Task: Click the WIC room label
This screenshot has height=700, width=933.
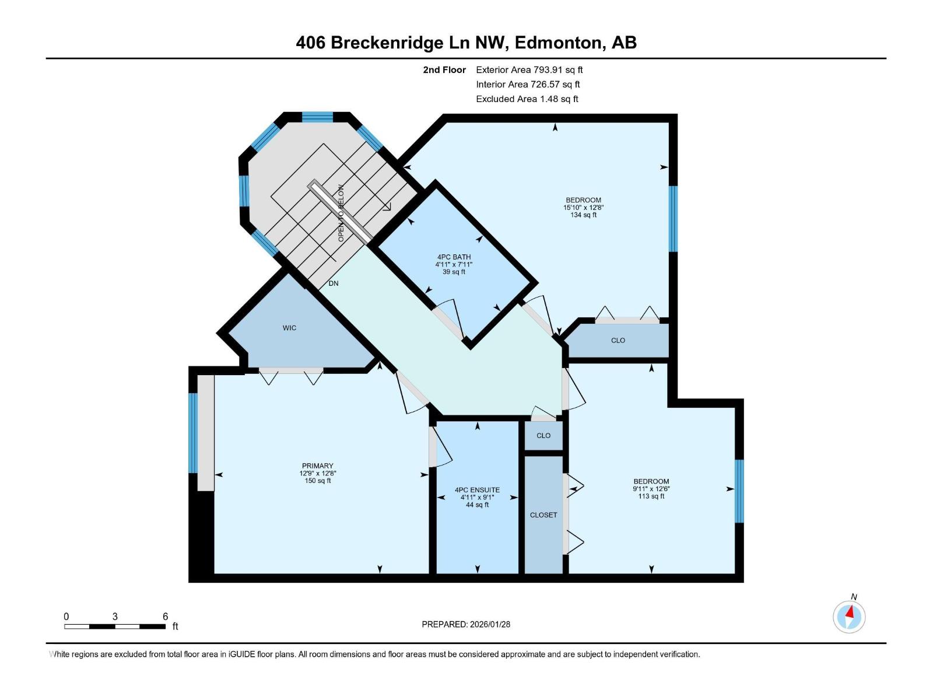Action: click(289, 328)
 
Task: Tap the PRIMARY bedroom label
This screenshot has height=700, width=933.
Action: click(318, 466)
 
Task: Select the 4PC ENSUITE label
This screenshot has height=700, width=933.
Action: click(478, 490)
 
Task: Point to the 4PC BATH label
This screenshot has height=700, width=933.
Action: click(454, 257)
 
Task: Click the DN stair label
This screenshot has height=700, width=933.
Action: click(334, 283)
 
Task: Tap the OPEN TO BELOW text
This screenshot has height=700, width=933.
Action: click(341, 213)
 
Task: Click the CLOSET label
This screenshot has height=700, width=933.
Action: click(543, 515)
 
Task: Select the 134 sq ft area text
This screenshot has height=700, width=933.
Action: click(583, 215)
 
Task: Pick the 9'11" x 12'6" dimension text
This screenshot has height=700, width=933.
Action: click(651, 489)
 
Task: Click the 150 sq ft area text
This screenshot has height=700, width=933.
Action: click(318, 481)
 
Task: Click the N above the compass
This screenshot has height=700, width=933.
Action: click(854, 597)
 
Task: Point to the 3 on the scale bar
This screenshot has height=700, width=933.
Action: click(115, 616)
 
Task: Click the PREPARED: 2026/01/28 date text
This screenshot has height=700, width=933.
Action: click(466, 624)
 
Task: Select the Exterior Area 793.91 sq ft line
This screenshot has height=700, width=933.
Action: click(529, 69)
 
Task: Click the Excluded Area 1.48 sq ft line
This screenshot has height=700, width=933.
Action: click(527, 99)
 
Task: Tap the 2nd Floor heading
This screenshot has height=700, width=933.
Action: click(444, 69)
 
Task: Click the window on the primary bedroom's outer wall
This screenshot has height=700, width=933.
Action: click(193, 433)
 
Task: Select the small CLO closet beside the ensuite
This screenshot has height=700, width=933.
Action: click(543, 436)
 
